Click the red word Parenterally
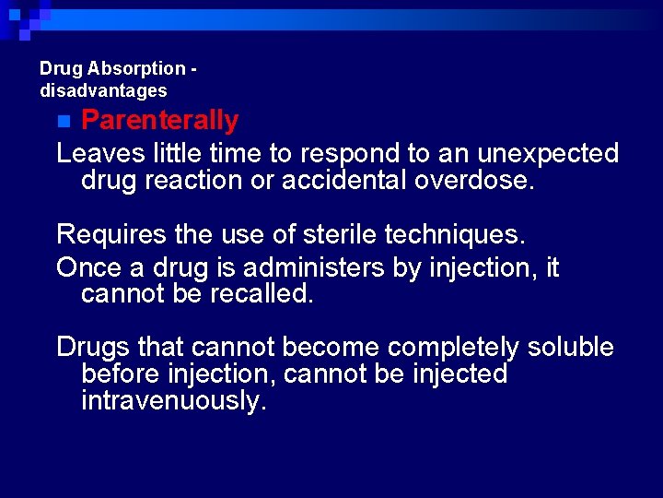point(159,120)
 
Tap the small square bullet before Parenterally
point(63,121)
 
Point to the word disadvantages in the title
point(103,90)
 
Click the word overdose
point(474,180)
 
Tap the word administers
point(298,267)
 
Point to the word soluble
point(570,347)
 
